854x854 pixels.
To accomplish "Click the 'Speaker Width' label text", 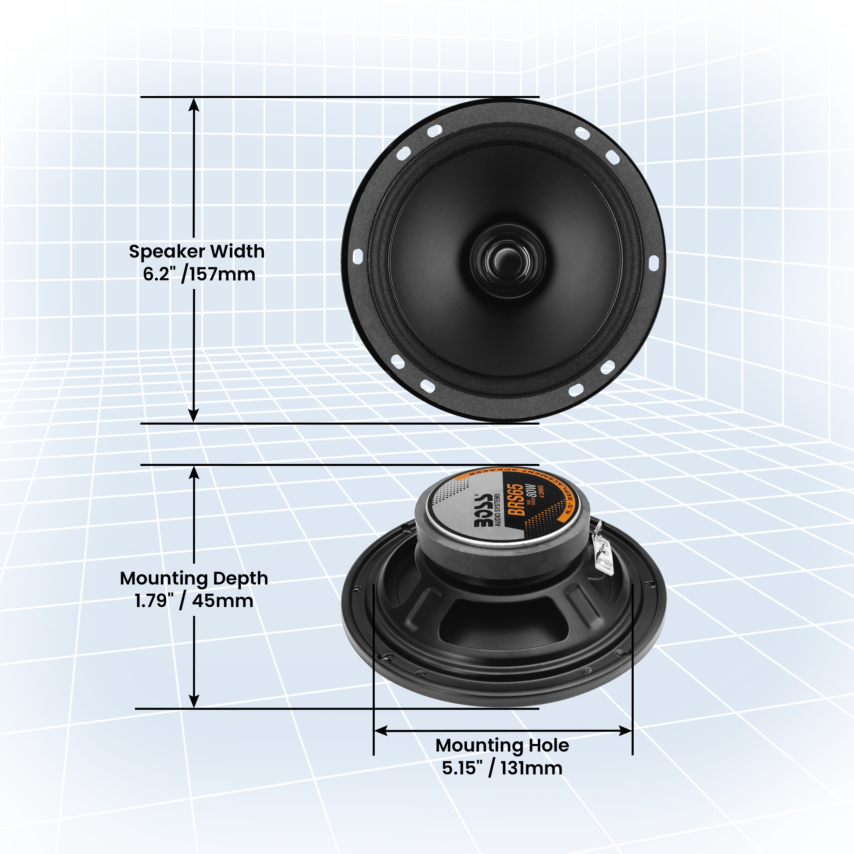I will click(x=197, y=251).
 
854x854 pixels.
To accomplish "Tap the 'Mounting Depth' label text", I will click(x=194, y=578).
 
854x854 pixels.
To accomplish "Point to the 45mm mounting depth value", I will click(x=222, y=601).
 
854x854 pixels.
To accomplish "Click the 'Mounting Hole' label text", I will click(x=502, y=745).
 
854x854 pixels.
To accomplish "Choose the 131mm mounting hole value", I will click(x=531, y=768).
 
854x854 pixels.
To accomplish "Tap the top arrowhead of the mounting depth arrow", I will click(x=194, y=472).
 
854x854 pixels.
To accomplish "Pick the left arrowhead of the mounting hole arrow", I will click(x=381, y=731).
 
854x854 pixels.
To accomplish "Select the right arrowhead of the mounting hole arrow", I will click(x=625, y=731).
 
